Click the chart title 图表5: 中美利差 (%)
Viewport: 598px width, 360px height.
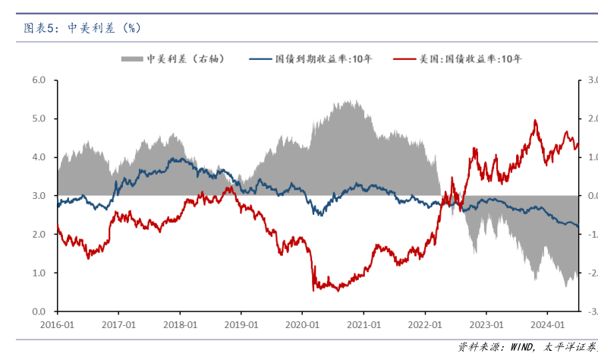click(82, 28)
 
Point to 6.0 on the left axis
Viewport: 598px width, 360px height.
click(39, 80)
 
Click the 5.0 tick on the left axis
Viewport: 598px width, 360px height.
click(39, 118)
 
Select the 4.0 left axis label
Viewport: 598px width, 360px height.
click(39, 157)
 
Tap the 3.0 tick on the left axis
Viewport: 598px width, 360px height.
click(39, 196)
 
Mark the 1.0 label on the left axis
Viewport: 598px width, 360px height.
click(39, 273)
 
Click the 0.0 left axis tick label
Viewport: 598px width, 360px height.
click(39, 311)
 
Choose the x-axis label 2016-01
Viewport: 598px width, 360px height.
click(58, 324)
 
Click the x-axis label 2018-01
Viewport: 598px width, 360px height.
click(180, 324)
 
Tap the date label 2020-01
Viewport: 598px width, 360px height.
click(302, 324)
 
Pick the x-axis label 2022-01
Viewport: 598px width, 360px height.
click(424, 324)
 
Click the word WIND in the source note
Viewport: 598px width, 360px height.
click(521, 347)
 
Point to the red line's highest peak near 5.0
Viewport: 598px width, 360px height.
click(536, 120)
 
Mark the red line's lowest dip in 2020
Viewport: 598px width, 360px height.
click(313, 290)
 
